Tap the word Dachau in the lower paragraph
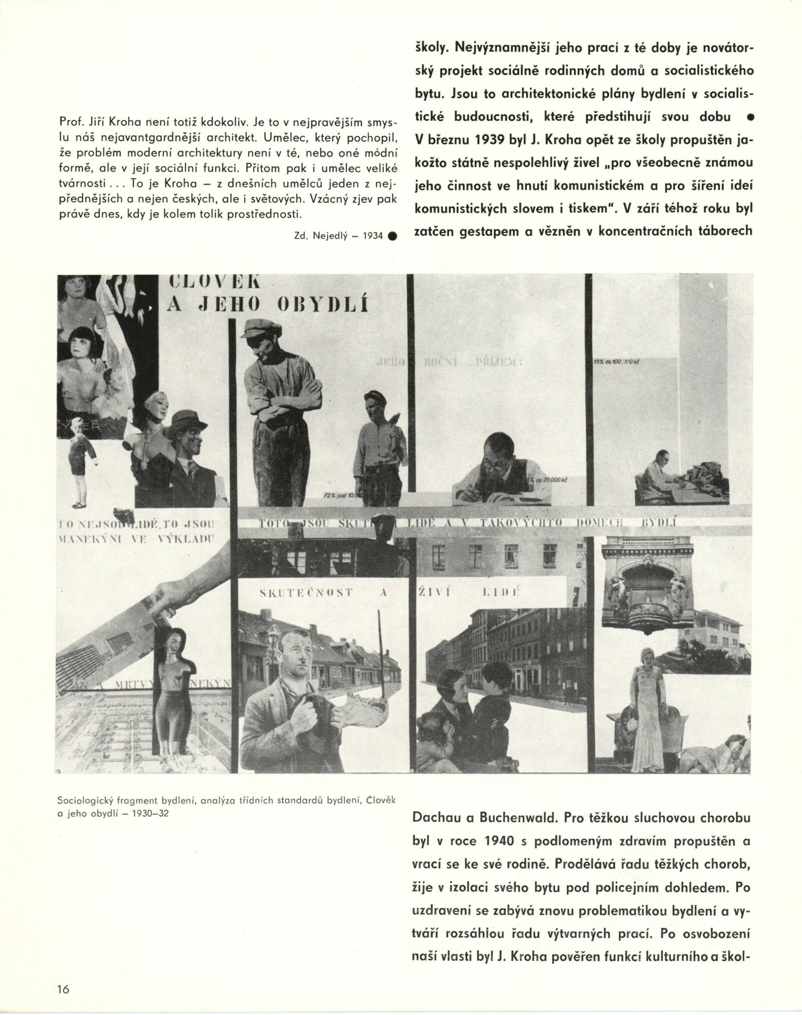[435, 818]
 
